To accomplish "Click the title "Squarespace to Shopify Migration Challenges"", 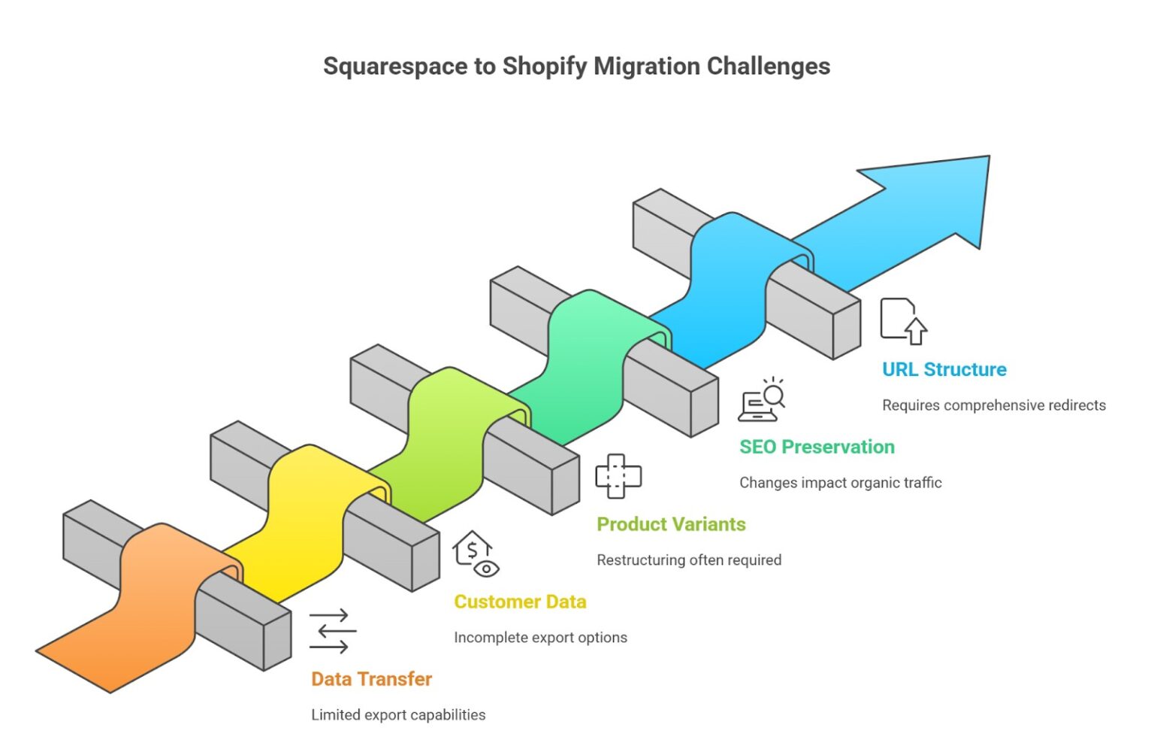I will [x=576, y=66].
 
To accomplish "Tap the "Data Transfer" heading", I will [x=371, y=679].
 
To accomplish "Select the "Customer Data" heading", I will [x=520, y=602].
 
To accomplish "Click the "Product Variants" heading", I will [x=671, y=524].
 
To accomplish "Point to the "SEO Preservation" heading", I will [x=817, y=447].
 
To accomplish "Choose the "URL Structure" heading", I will [x=944, y=369].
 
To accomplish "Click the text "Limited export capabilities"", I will [x=398, y=714].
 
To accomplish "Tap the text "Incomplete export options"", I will [x=540, y=637].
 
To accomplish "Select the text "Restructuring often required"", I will [x=689, y=559].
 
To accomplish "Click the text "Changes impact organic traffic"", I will [x=840, y=482].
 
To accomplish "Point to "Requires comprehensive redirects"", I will [x=993, y=405].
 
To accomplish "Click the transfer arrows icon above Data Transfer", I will [x=332, y=630].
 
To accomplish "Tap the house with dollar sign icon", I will [x=475, y=553].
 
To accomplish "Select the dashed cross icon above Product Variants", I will [x=618, y=475].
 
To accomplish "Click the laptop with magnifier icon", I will [x=762, y=400].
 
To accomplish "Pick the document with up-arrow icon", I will [x=903, y=321].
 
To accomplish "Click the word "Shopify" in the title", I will [x=544, y=66].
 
